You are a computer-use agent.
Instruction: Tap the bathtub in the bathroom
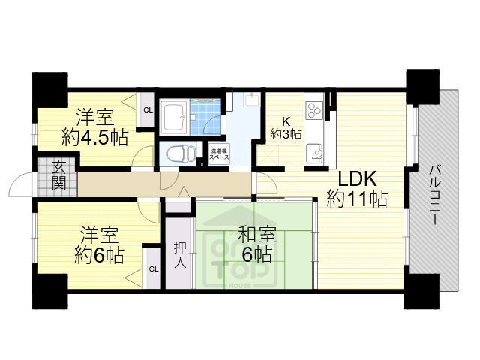point(173,116)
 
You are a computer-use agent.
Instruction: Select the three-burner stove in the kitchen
point(314,109)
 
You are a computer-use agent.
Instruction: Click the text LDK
point(357,180)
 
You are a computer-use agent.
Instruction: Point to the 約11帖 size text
point(357,200)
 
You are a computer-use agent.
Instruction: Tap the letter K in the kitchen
point(286,120)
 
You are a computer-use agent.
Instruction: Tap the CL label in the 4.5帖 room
point(148,110)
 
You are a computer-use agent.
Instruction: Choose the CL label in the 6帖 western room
point(152,268)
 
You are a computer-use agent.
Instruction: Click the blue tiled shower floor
point(205,112)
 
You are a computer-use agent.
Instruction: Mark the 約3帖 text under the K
point(286,134)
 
